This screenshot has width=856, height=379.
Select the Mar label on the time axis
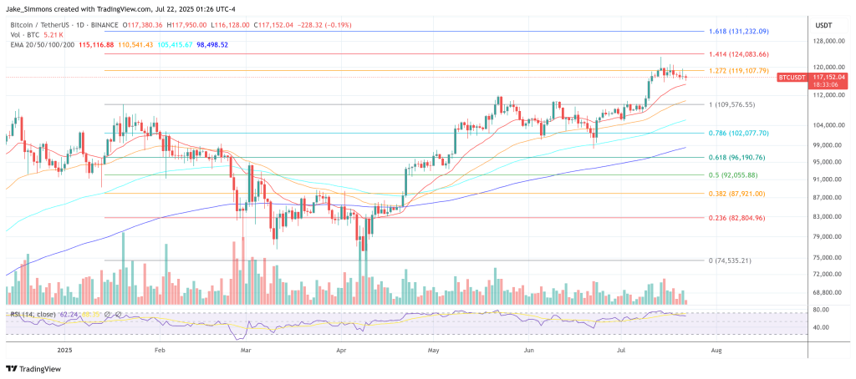[246, 351]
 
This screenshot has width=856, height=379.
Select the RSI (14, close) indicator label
[33, 314]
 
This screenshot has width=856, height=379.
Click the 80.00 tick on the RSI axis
[822, 309]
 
